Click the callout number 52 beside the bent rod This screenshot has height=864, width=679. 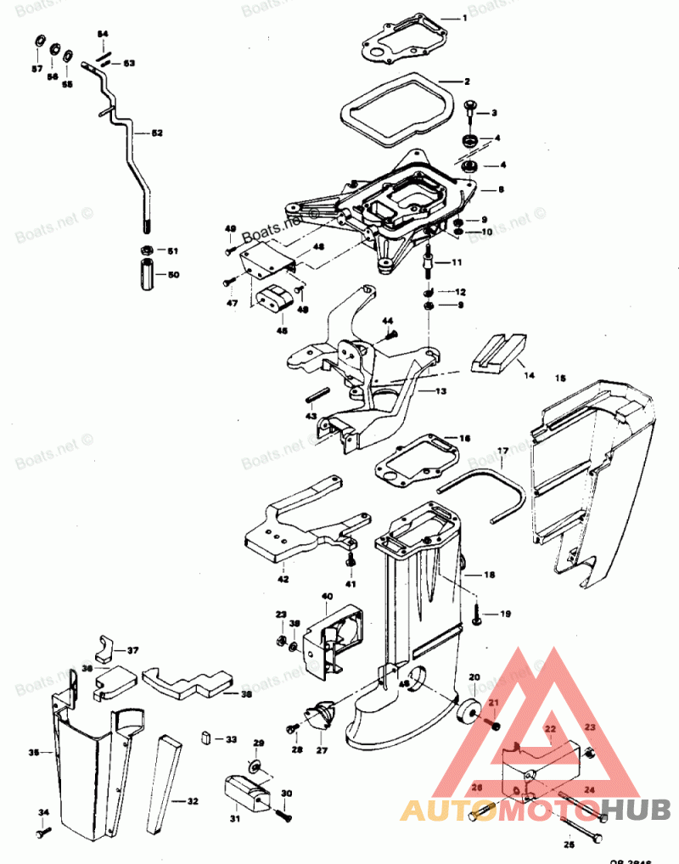[157, 132]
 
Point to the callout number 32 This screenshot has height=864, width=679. [192, 800]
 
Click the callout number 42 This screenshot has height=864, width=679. [283, 579]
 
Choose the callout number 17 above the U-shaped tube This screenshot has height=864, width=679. [502, 450]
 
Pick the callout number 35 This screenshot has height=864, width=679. [34, 752]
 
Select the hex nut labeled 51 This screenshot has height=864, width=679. [146, 251]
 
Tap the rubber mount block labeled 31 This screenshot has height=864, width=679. [247, 795]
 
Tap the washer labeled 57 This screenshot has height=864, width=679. [39, 42]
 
